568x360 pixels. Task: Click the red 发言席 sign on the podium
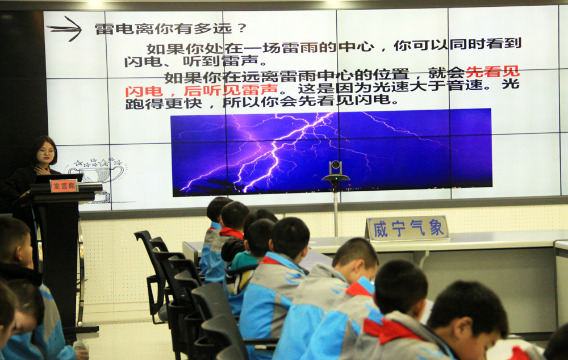tap(64, 186)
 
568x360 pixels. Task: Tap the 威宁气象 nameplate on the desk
tap(408, 228)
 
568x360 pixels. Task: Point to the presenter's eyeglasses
tap(48, 150)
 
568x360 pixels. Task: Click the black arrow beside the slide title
tap(65, 28)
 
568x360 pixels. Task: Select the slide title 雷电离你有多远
tap(162, 28)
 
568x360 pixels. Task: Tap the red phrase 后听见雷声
tap(231, 90)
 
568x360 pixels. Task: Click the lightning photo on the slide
tap(331, 153)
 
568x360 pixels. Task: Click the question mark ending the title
tap(242, 28)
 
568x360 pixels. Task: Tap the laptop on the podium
tap(59, 178)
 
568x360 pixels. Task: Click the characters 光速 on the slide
tap(391, 87)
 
